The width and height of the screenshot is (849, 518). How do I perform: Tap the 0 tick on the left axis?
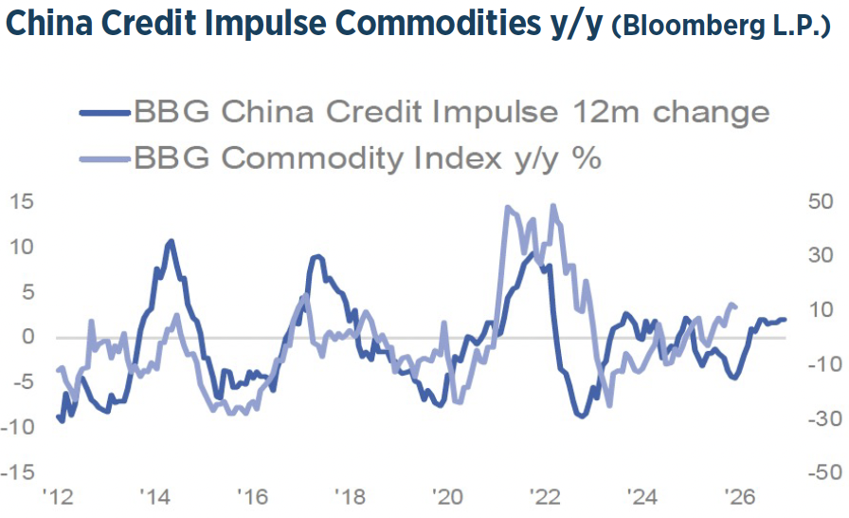coord(28,337)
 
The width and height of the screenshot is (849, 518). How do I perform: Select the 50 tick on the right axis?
coord(819,201)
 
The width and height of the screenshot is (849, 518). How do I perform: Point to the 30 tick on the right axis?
coord(819,256)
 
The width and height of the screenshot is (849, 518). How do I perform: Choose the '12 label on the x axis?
coord(59,497)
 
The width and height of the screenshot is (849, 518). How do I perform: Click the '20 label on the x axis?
coord(445,497)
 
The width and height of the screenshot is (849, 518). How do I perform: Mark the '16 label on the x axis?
coord(252,497)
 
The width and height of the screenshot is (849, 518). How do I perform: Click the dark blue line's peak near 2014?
coord(171,242)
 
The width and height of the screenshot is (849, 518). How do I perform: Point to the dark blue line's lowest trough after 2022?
coord(580,415)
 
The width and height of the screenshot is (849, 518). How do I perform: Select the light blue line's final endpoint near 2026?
coord(735,306)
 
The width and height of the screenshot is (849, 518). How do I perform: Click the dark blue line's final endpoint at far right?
coord(785,320)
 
